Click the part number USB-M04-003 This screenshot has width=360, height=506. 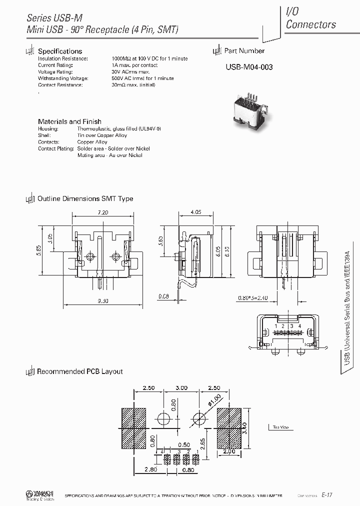click(x=248, y=67)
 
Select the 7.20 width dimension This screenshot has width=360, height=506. click(x=103, y=212)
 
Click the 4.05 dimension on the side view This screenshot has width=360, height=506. click(x=196, y=212)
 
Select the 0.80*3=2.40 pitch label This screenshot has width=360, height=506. click(x=254, y=297)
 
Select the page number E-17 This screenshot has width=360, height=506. click(x=327, y=495)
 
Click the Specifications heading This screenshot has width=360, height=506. click(x=60, y=51)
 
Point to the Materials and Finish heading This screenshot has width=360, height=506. click(x=69, y=121)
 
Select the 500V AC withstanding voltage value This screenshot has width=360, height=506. click(x=142, y=78)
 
